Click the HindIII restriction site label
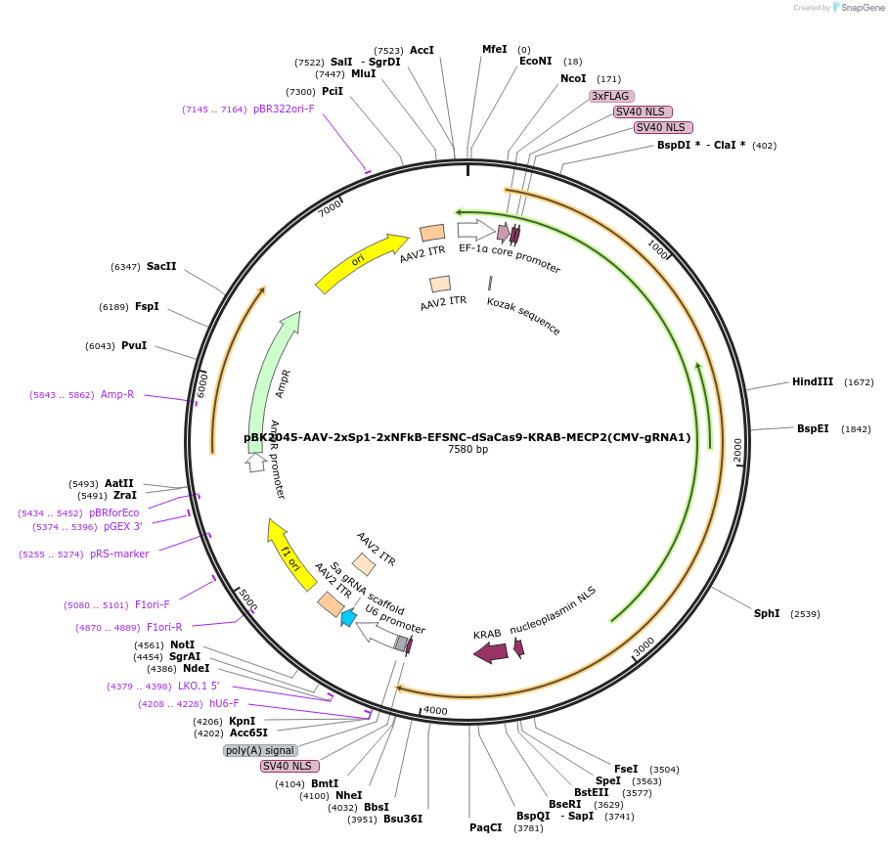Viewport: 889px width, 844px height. [x=812, y=382]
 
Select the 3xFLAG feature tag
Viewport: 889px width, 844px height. [x=611, y=96]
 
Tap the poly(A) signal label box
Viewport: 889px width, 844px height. [x=260, y=750]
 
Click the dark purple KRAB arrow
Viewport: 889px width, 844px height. [x=490, y=652]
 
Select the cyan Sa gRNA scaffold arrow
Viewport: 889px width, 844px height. [x=348, y=617]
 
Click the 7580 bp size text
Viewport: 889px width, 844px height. [x=467, y=450]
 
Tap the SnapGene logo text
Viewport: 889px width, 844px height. [x=860, y=8]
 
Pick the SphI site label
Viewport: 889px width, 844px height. [x=767, y=613]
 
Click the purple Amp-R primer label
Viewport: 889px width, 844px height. [x=117, y=395]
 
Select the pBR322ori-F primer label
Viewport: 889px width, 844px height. [x=284, y=110]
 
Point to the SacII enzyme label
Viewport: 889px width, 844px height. [x=161, y=266]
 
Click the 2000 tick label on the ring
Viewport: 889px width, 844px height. [x=737, y=449]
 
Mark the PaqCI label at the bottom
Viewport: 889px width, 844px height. [x=485, y=827]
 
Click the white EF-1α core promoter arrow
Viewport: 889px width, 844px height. [x=475, y=230]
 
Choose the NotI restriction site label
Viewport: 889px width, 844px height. [x=183, y=644]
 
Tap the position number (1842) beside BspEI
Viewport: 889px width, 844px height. [x=857, y=429]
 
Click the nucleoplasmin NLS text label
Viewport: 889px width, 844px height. [x=553, y=613]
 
